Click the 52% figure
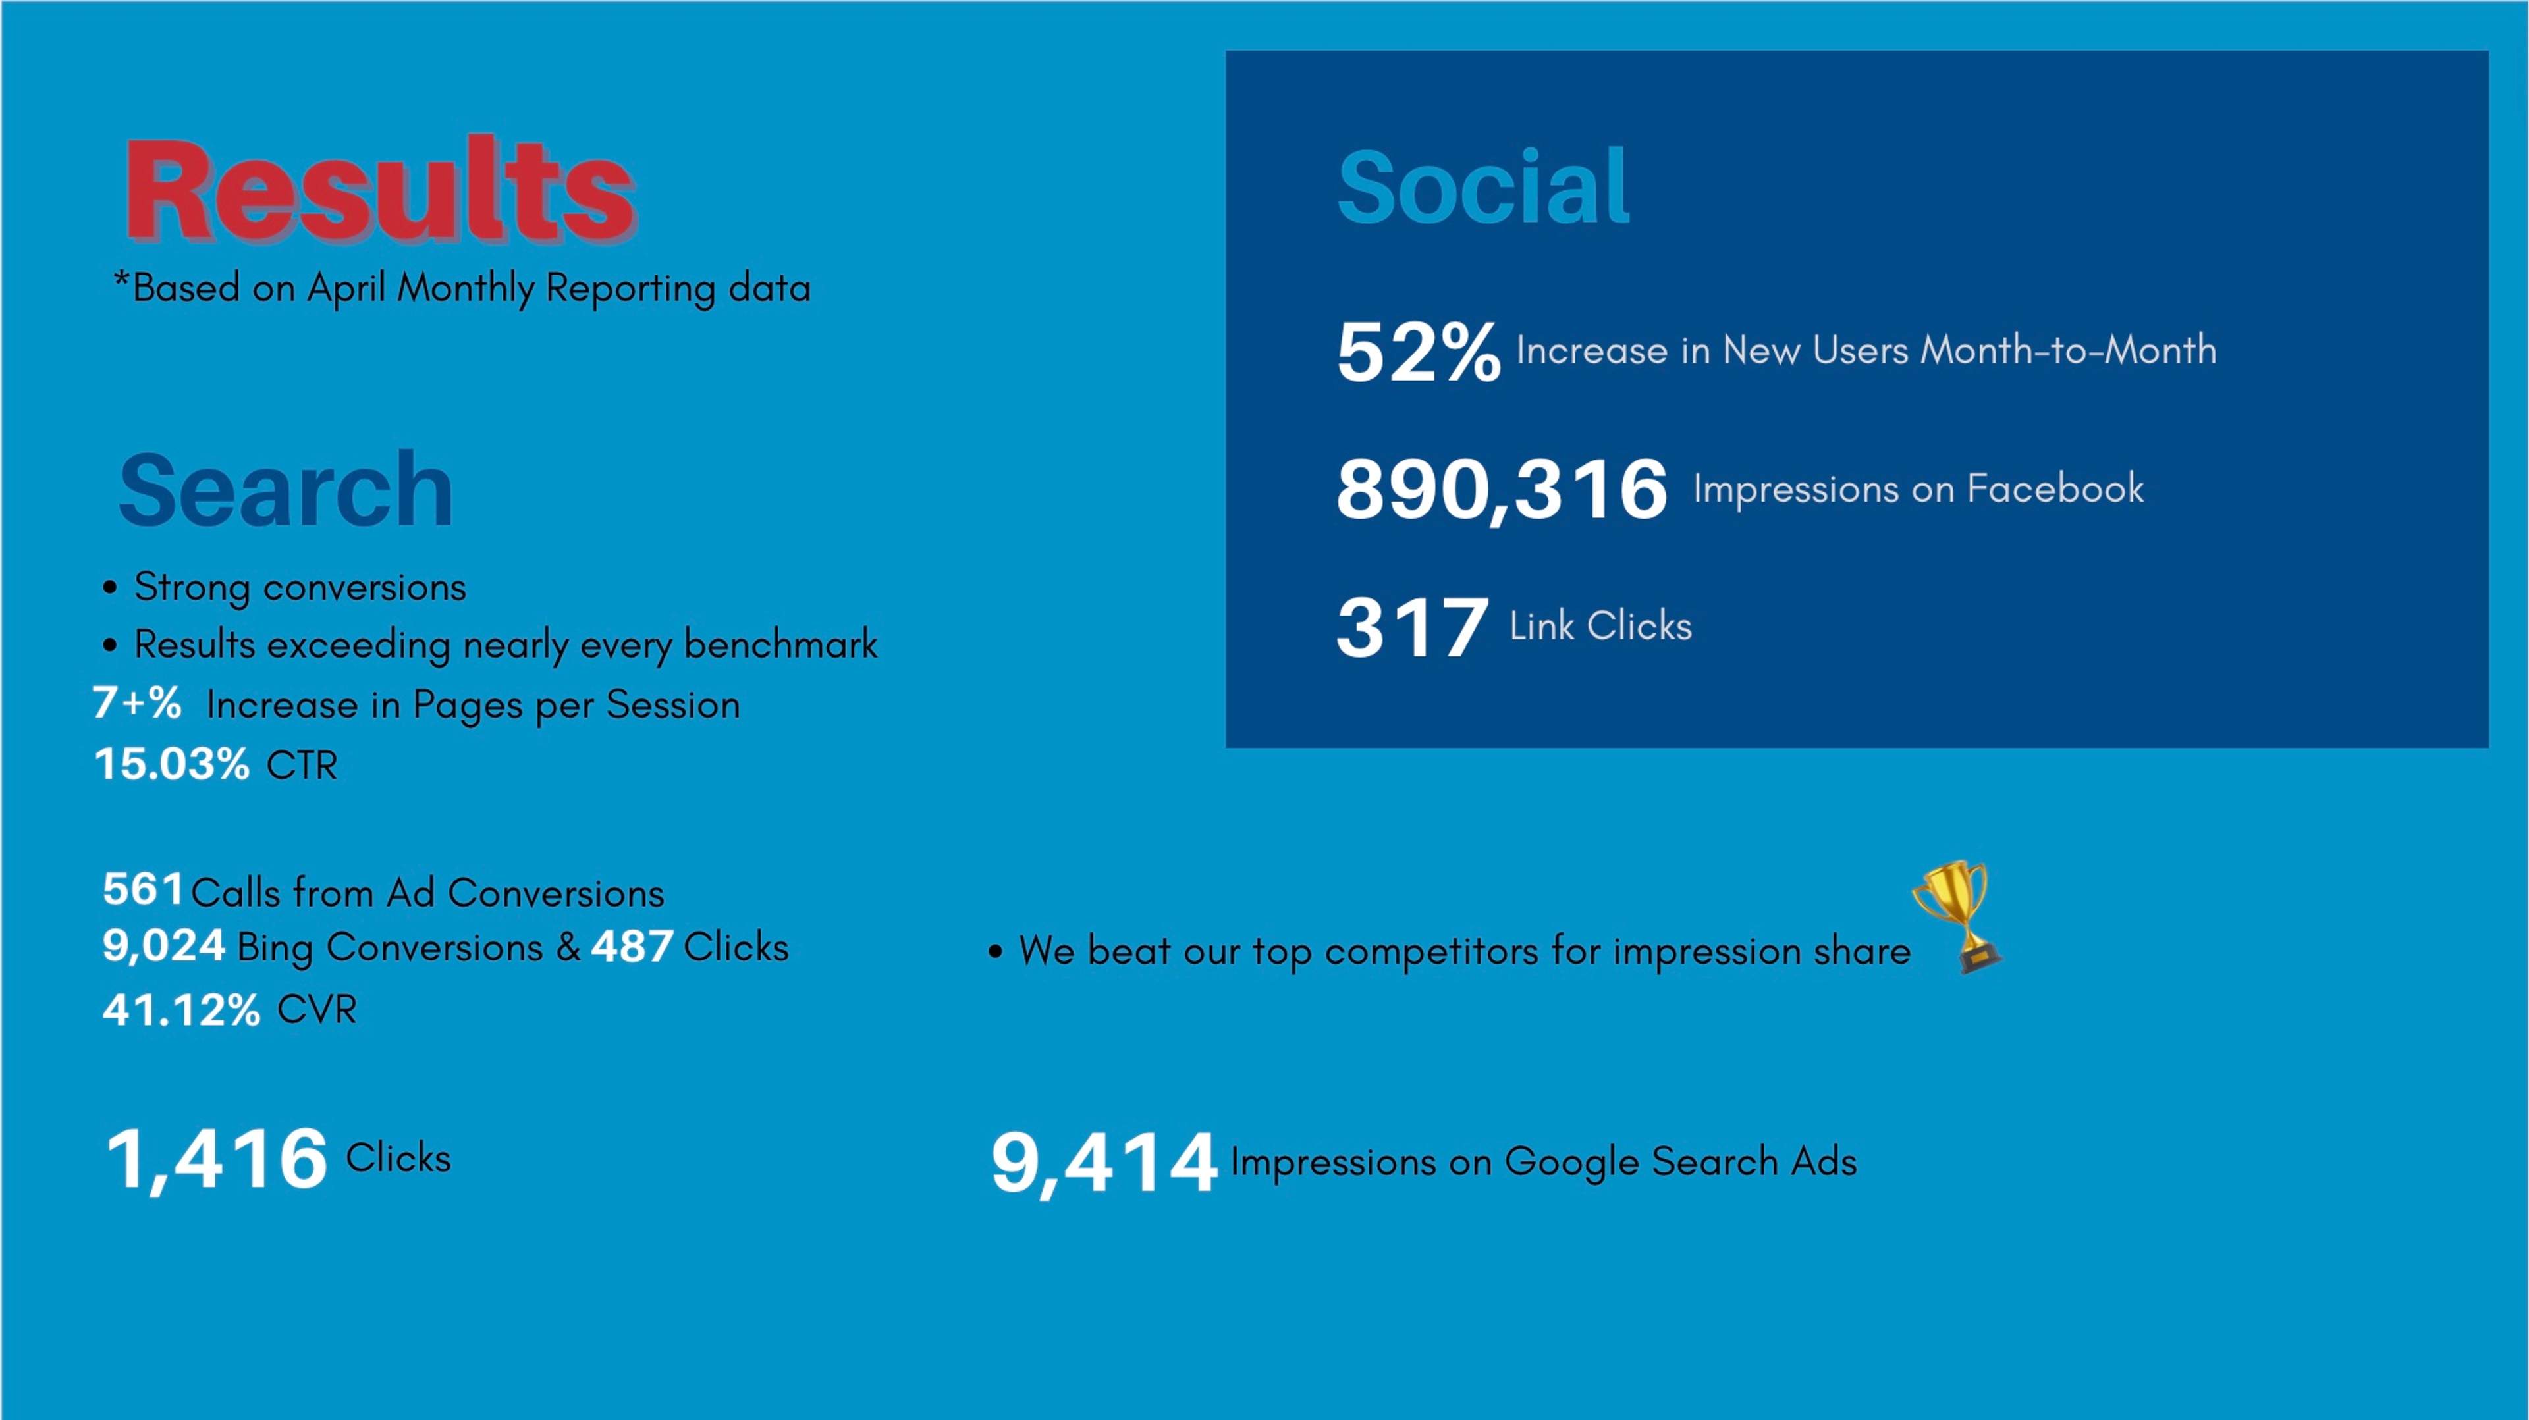[1418, 352]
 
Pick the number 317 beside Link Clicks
[1411, 627]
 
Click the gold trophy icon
[1957, 916]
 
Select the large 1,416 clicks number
[216, 1159]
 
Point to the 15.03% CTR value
[172, 764]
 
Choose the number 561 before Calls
[142, 889]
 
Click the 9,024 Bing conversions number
[164, 946]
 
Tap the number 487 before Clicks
[632, 947]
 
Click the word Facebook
[2055, 488]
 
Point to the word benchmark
[780, 644]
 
